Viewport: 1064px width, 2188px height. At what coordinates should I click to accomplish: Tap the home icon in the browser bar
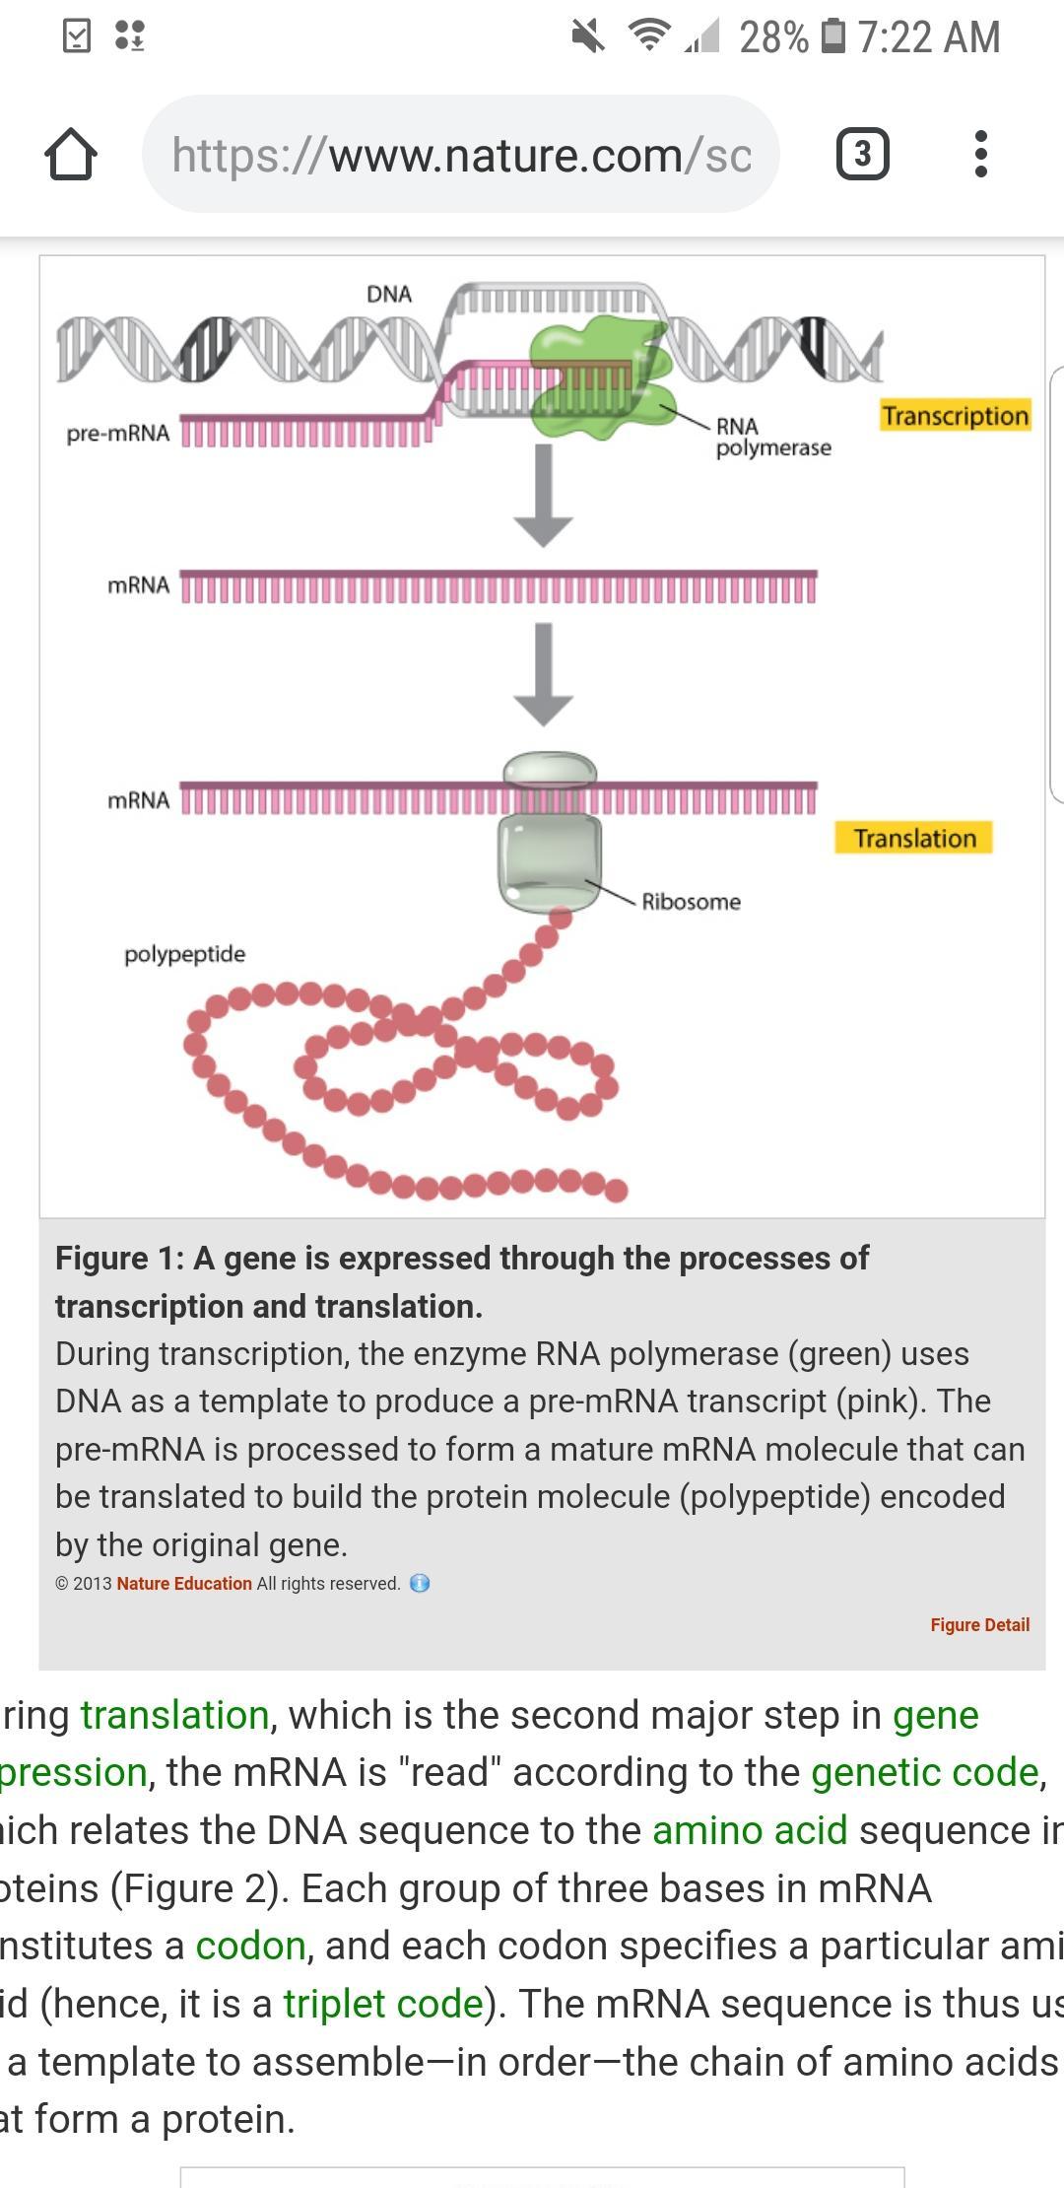(71, 155)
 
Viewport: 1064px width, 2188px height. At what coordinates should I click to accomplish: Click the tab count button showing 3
(862, 154)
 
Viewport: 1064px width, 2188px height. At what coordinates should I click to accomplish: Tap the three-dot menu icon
(980, 154)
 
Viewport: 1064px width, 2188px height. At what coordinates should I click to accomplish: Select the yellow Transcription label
(955, 416)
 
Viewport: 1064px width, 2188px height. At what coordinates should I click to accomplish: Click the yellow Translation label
(913, 839)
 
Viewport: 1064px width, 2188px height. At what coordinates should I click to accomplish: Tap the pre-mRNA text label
(118, 434)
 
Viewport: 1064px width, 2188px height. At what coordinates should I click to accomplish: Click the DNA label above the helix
(389, 294)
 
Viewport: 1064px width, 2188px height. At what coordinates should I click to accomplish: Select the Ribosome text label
(691, 902)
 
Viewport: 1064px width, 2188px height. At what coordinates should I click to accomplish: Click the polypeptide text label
(184, 954)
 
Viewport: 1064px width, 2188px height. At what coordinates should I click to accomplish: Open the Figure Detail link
(979, 1625)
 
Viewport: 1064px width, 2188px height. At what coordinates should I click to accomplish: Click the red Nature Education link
(184, 1584)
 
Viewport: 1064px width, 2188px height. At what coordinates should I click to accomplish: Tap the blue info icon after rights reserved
(420, 1584)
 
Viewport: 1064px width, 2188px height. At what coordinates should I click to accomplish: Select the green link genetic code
(925, 1772)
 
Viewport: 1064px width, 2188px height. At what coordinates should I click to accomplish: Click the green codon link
(250, 1946)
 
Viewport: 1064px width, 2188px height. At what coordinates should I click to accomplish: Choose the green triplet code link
(383, 2004)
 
